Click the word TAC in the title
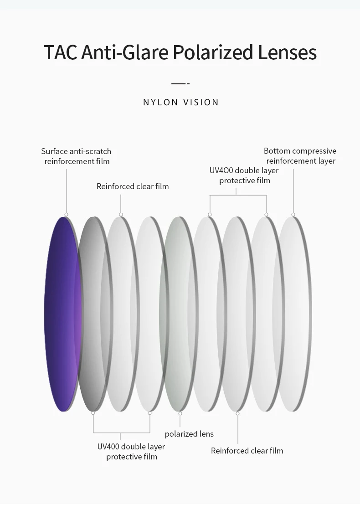point(61,52)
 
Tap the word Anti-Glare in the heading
point(125,52)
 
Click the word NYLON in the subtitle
point(160,103)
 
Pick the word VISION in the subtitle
point(201,103)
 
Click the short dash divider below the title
point(180,84)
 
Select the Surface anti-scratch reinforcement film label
point(77,156)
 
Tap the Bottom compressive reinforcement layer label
point(300,156)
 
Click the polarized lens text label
point(189,434)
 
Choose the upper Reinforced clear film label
point(133,186)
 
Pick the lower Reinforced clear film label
point(247,451)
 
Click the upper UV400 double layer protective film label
point(244,175)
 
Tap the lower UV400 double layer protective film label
point(131,452)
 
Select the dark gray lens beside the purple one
point(93,314)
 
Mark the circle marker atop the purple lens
point(66,214)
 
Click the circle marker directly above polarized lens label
point(180,413)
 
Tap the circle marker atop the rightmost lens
point(293,214)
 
